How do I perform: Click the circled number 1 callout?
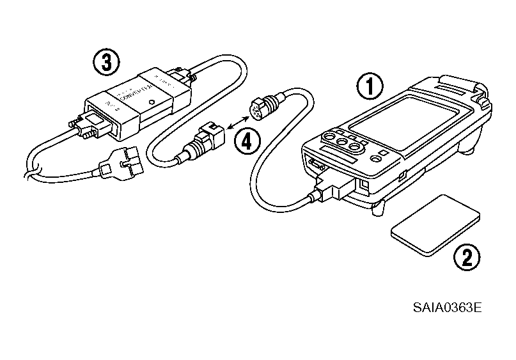371,86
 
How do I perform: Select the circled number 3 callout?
105,61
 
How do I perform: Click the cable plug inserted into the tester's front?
332,187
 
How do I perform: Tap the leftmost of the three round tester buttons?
329,137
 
